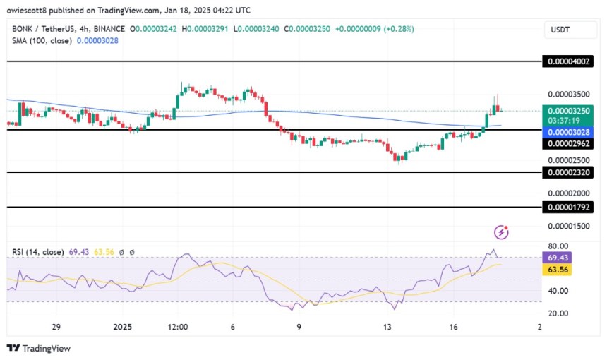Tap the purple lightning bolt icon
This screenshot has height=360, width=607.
502,232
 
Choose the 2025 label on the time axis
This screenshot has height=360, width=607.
123,328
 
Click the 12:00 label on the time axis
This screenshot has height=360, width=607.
178,328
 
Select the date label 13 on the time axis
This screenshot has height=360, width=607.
386,328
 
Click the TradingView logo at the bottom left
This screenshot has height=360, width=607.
39,348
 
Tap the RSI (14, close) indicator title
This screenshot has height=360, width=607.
37,251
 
